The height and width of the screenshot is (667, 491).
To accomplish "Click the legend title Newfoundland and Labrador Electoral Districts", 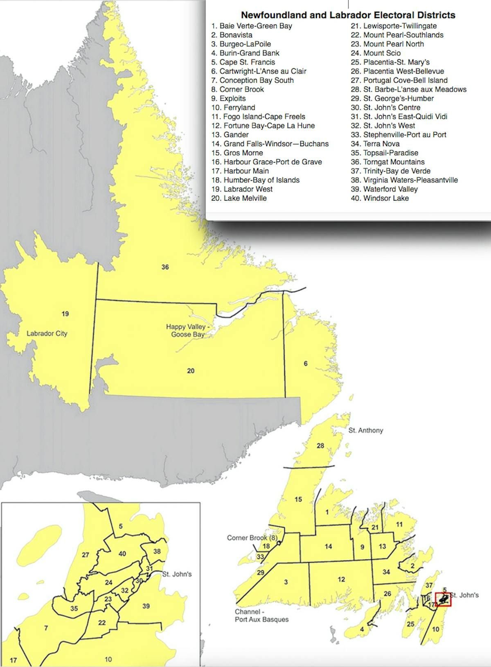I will [348, 15].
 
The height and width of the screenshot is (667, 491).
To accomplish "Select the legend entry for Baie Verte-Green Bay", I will [252, 26].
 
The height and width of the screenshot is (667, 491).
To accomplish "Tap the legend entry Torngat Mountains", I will [387, 162].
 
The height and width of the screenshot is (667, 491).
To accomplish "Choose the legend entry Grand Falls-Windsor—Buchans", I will [270, 144].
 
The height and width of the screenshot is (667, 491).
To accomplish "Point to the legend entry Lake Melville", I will [239, 198].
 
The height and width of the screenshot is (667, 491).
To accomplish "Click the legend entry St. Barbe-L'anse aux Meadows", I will [408, 89].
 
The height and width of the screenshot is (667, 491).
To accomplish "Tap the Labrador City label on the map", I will [47, 333].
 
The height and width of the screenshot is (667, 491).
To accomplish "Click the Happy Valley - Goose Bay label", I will [188, 330].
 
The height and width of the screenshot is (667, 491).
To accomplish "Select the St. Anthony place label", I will [366, 430].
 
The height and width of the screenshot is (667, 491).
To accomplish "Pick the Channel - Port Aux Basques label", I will [261, 615].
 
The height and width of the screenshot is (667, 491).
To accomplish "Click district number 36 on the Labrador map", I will [165, 267].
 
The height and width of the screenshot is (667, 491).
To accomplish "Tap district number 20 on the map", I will [191, 371].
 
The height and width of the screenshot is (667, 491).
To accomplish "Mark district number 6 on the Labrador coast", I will [306, 364].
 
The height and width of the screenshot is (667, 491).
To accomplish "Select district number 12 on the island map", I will [341, 579].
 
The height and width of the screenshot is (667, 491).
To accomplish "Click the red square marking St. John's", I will [443, 599].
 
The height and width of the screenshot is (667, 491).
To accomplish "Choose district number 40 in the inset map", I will [122, 554].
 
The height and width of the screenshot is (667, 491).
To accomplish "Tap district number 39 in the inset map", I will [146, 606].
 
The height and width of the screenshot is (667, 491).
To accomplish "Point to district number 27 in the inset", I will [86, 555].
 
